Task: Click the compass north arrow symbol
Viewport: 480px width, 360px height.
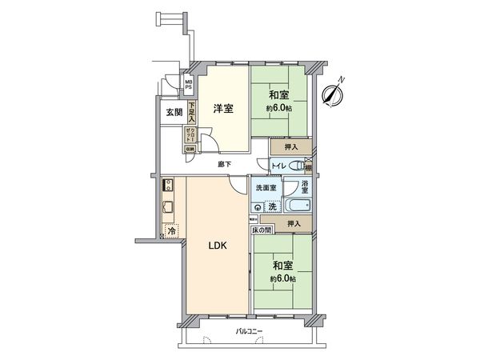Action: (332, 93)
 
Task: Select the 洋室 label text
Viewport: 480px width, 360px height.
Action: (223, 109)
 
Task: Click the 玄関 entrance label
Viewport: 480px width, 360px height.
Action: (174, 113)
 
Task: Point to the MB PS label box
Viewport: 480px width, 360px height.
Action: (189, 84)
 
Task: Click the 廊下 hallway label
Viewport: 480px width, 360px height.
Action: (226, 164)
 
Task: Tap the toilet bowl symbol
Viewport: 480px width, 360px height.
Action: (297, 166)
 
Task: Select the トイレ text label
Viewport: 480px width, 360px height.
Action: (277, 166)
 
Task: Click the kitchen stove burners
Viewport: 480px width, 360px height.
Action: (168, 186)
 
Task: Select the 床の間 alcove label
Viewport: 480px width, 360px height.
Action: (262, 230)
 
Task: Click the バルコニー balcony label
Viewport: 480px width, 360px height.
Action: (249, 330)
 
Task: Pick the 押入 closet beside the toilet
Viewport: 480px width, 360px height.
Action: (290, 147)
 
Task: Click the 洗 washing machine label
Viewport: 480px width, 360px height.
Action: (273, 206)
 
